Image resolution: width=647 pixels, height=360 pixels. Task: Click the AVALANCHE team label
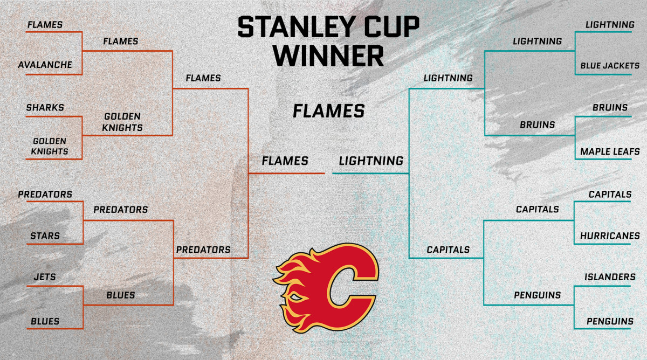[45, 65]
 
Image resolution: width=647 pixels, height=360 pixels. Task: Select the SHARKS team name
[45, 107]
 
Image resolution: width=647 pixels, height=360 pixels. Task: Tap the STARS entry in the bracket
[45, 236]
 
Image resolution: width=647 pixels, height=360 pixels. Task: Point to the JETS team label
[45, 277]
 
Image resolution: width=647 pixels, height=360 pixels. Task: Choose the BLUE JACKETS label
[609, 66]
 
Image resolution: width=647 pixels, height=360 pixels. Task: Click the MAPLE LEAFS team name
[609, 151]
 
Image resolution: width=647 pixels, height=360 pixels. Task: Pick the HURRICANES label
[609, 236]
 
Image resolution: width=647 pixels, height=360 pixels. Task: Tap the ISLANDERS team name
[609, 277]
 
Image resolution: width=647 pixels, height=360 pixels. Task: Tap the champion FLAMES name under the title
[329, 111]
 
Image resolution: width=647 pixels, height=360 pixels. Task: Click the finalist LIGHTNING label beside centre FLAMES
[371, 161]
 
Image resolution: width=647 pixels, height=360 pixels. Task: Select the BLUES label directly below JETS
[45, 321]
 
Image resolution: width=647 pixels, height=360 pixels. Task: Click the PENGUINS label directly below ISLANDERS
[609, 321]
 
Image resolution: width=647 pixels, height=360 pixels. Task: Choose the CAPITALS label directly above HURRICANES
[609, 194]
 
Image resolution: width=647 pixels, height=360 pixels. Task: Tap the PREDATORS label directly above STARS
[45, 194]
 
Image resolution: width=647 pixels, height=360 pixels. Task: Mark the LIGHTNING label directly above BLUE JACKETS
[609, 25]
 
